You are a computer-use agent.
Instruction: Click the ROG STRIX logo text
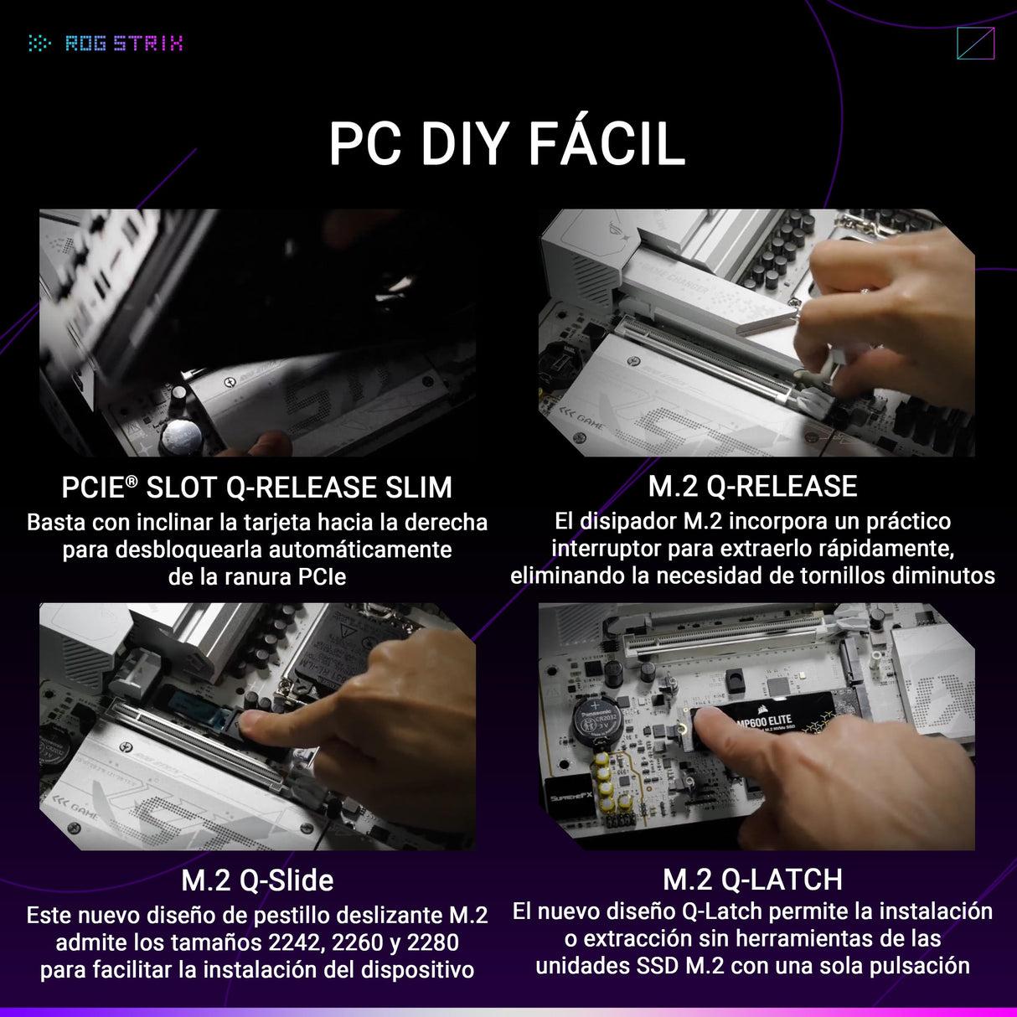[x=123, y=43]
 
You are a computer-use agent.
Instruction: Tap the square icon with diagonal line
[x=975, y=44]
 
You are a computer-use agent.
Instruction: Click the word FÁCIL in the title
[x=607, y=144]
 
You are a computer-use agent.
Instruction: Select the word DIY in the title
[x=464, y=144]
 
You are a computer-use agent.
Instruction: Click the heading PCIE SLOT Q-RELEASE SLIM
[x=256, y=488]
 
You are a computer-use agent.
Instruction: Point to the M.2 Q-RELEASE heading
[x=752, y=487]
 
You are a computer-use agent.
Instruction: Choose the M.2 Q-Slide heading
[x=257, y=880]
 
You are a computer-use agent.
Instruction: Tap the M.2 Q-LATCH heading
[x=752, y=880]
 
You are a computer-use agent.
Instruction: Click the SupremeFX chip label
[x=570, y=797]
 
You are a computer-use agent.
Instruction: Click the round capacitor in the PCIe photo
[x=181, y=436]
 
